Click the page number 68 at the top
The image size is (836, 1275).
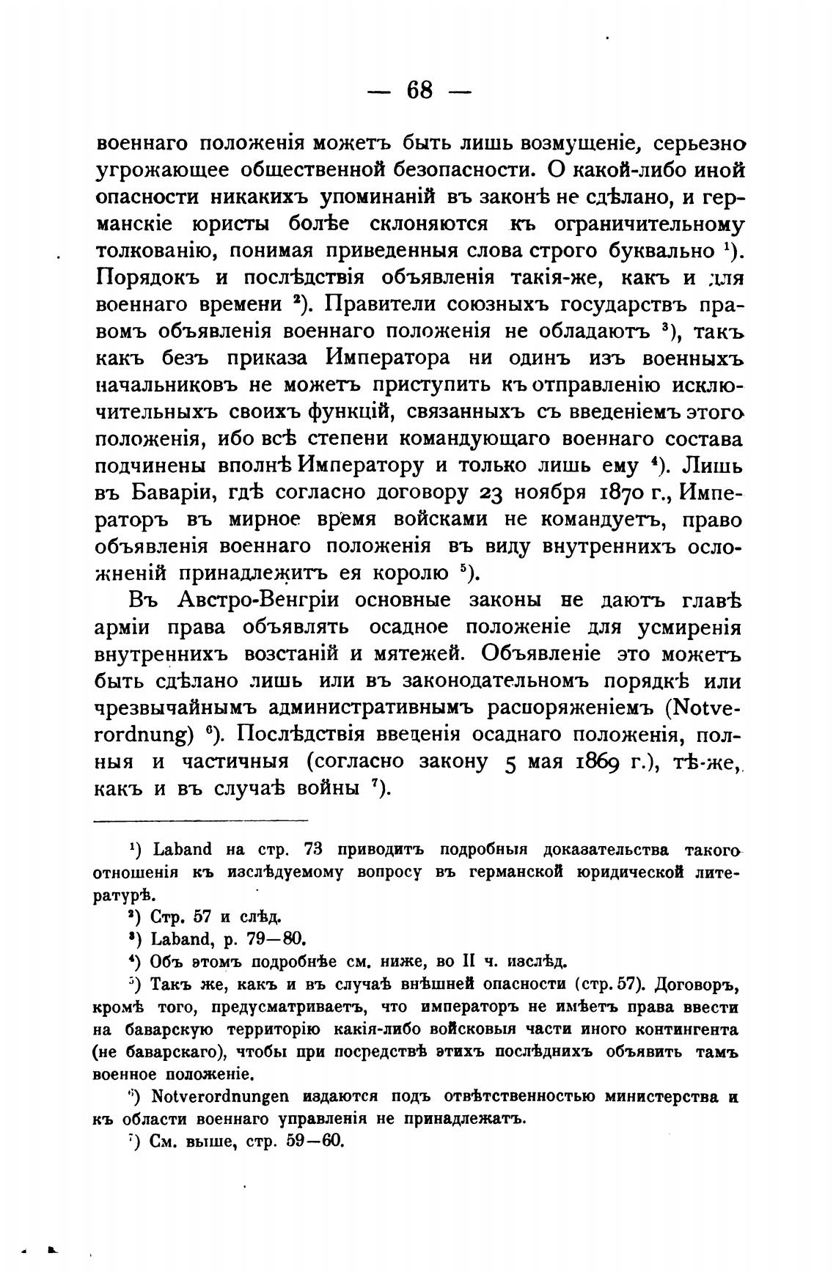(419, 91)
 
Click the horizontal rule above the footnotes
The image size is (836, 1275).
(202, 820)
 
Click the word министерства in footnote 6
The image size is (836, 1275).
(657, 1098)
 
